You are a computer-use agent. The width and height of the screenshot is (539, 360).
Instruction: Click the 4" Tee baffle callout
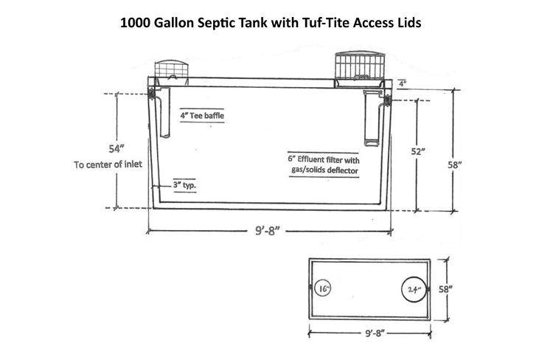[x=203, y=115]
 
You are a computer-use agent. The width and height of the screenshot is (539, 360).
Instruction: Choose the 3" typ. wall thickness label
[x=184, y=185]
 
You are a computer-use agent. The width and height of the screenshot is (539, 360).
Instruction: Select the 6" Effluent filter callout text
[x=323, y=158]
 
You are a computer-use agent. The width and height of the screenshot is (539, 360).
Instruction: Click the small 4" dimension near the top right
[x=403, y=84]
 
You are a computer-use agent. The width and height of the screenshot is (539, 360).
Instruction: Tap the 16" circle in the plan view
[x=324, y=289]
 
